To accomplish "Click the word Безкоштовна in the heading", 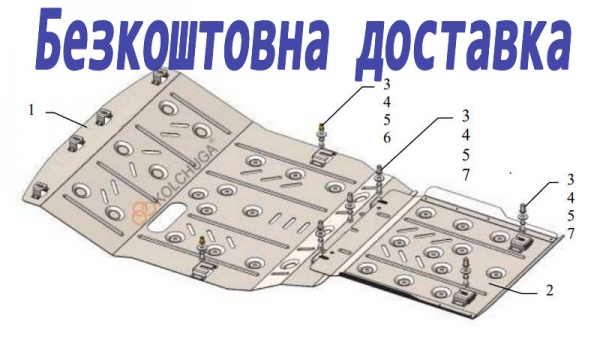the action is [182, 40].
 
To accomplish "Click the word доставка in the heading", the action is [464, 43].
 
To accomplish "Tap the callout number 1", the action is [31, 111].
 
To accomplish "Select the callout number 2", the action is [549, 290].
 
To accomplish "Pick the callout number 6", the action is [387, 138].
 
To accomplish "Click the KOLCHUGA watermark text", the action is [188, 175].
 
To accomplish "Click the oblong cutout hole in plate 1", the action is [167, 218].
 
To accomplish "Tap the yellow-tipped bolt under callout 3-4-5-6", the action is [322, 136].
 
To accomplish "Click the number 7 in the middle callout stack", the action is [465, 175].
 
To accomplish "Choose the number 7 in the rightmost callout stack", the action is [571, 233].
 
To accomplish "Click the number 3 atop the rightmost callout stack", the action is [571, 179].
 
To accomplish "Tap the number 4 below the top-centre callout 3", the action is [387, 102].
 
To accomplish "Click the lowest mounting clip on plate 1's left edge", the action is [39, 191].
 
